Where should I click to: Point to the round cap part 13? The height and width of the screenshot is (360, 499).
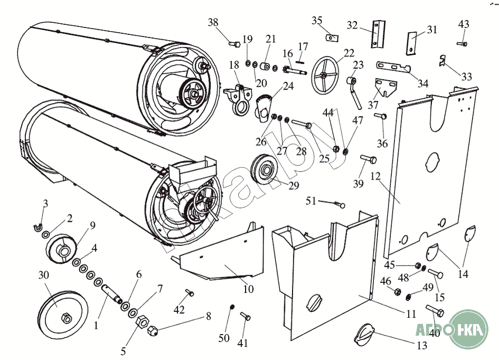(x=365, y=334)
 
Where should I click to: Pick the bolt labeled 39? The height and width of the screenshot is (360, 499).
(x=369, y=158)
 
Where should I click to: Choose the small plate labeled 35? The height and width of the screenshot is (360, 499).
(x=331, y=37)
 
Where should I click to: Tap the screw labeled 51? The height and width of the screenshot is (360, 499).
(x=338, y=204)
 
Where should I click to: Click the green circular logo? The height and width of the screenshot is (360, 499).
(x=465, y=327)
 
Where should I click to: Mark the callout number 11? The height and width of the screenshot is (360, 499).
(x=411, y=312)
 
